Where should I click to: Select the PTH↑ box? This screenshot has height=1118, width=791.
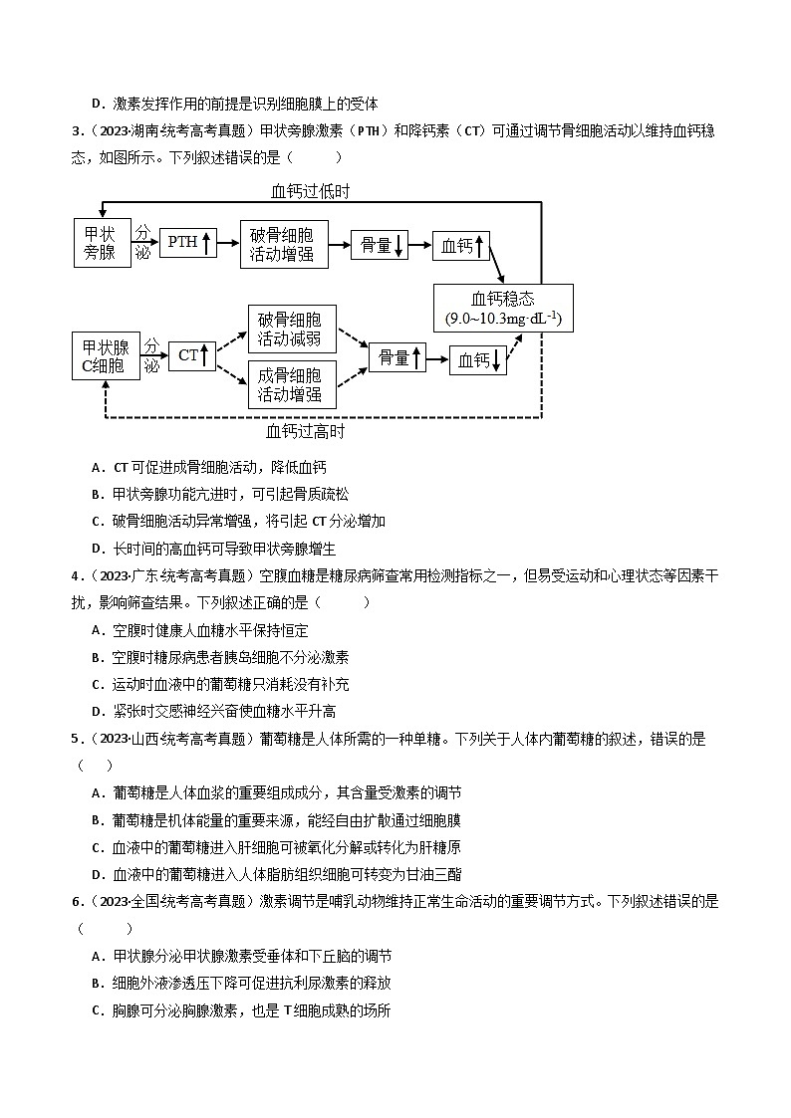coord(187,242)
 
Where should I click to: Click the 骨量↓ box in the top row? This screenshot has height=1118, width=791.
coord(380,245)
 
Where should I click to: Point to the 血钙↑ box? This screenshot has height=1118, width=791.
coord(459,245)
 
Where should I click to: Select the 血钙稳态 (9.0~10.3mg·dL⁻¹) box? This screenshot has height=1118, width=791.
coord(503,308)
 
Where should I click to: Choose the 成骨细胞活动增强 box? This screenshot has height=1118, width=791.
coord(290,384)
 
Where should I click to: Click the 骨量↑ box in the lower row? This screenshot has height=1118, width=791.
coord(396,357)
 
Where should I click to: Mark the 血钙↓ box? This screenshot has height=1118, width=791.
coord(478,360)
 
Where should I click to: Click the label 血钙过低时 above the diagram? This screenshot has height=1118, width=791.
coord(310,190)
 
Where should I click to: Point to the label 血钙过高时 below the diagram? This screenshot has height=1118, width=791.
coord(306,432)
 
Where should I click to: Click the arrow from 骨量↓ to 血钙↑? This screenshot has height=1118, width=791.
coord(419,245)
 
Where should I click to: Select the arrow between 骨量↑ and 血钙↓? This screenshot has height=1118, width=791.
coord(437,358)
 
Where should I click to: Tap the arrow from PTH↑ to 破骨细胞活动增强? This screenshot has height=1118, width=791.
coord(228,243)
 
